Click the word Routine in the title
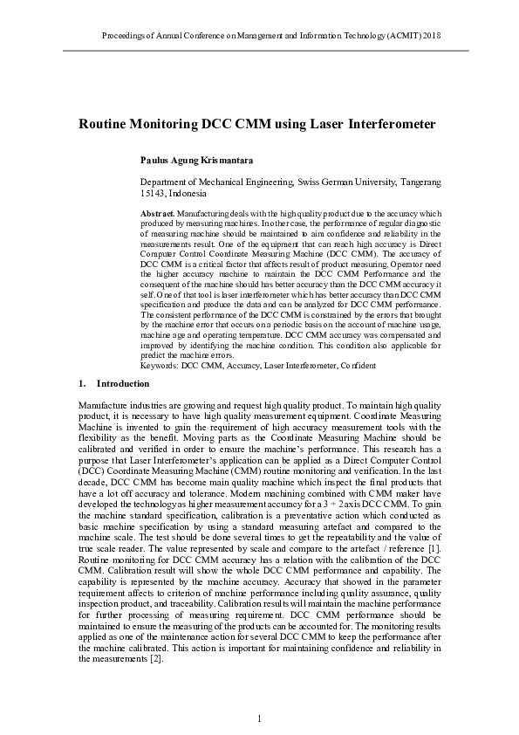click(x=104, y=124)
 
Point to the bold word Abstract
click(x=157, y=213)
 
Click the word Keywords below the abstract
click(x=159, y=366)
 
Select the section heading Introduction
click(x=123, y=383)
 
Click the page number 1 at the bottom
click(x=259, y=718)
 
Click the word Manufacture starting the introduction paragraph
click(x=103, y=406)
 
